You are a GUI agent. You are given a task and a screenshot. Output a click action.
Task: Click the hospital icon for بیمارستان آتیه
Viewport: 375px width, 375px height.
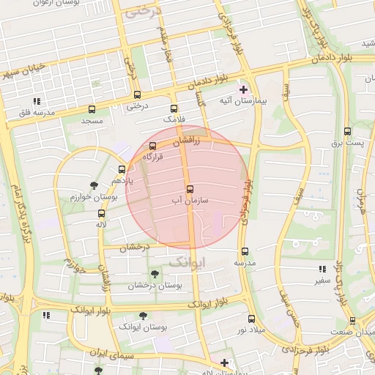[244, 89]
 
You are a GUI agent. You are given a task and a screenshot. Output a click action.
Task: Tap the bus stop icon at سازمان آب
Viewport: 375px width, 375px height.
[190, 189]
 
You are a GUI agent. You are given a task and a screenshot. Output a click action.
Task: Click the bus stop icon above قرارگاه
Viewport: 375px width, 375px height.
[153, 145]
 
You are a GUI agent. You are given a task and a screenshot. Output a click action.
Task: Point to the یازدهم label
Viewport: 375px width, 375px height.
[121, 179]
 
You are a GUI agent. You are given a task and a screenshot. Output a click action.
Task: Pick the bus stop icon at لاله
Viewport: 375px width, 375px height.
[101, 213]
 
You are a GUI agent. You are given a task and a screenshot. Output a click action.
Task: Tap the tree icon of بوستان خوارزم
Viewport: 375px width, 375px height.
[93, 185]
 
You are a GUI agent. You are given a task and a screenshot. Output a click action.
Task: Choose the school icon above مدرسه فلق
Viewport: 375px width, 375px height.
[37, 101]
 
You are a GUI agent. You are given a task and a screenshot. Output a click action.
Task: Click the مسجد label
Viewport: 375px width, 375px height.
[92, 119]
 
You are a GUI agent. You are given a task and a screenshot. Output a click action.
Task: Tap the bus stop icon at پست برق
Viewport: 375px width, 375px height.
[347, 132]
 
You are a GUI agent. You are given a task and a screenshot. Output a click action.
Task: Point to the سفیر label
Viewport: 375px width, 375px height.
[322, 280]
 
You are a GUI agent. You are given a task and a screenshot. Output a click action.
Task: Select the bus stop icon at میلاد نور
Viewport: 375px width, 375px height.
[251, 319]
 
